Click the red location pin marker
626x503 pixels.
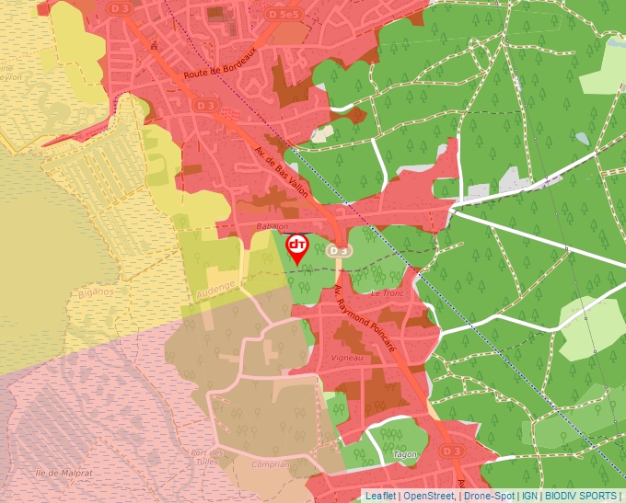point(297,247)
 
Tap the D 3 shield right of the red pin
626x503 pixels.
point(339,250)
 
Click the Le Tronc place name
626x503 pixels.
point(387,292)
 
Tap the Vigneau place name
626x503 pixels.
point(349,356)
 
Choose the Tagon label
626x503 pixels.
point(406,454)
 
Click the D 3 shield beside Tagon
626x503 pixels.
point(450,451)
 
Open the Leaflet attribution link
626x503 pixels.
point(381,496)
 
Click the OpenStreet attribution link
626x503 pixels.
point(429,496)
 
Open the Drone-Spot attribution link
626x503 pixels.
point(488,496)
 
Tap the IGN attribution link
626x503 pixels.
point(529,496)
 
